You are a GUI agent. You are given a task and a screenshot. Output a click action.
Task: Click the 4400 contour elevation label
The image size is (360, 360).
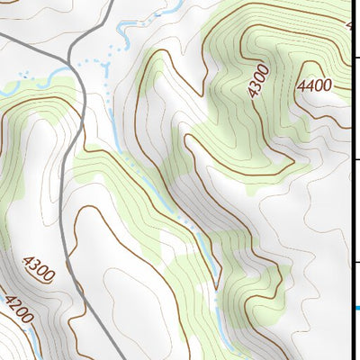314,85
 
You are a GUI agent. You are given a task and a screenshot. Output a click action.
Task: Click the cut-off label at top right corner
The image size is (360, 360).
352,25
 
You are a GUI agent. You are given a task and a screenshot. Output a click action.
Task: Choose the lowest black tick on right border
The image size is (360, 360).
355,263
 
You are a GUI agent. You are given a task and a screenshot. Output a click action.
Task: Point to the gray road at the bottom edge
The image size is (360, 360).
121,357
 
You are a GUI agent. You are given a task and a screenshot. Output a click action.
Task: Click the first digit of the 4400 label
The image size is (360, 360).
301,85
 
